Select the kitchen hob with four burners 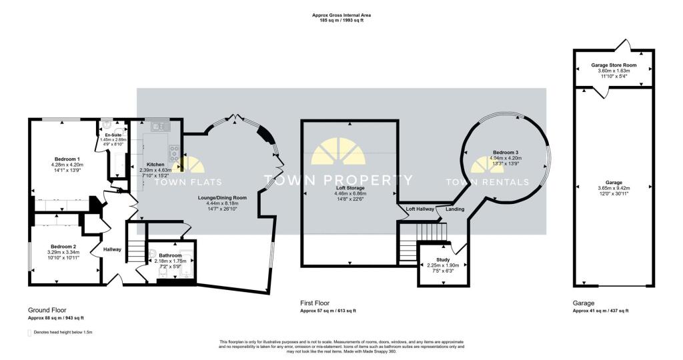[174, 153]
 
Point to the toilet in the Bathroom [152, 254]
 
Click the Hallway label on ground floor [111, 249]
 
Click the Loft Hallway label [420, 209]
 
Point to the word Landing [455, 209]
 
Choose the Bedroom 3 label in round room [506, 152]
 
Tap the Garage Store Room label [614, 65]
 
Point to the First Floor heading [314, 303]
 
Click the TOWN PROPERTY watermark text [339, 180]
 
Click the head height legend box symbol [29, 331]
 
